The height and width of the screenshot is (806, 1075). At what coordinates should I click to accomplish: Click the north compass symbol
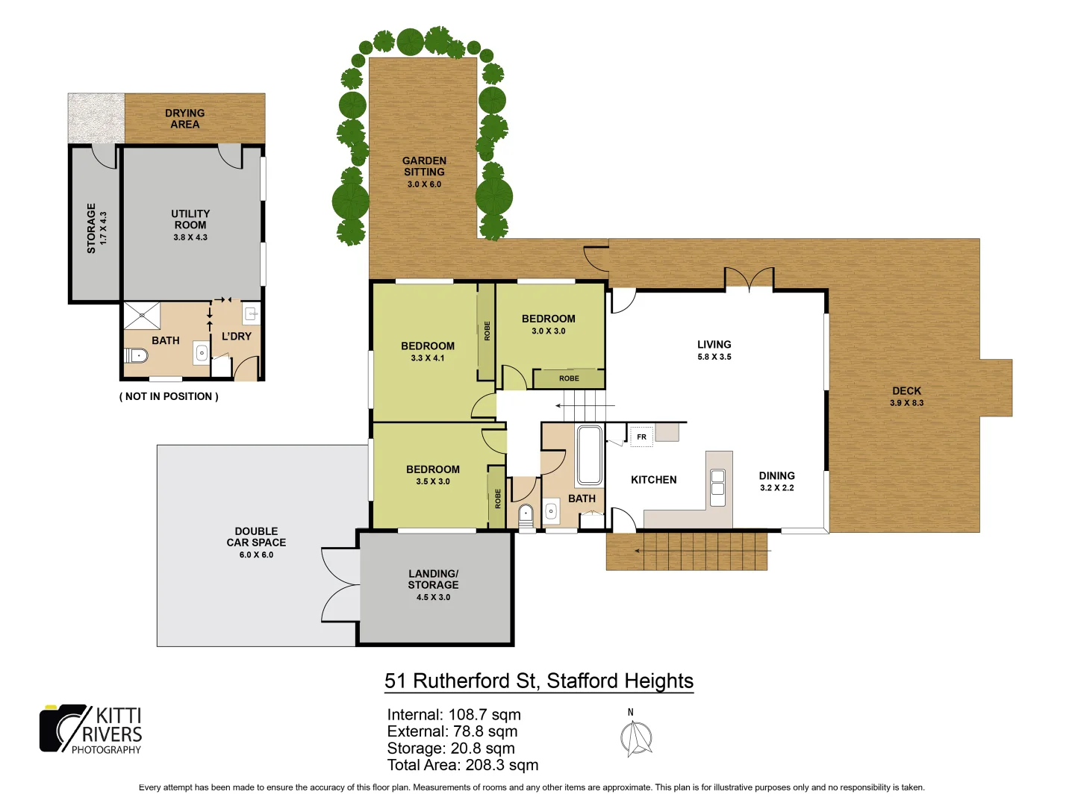[x=636, y=737]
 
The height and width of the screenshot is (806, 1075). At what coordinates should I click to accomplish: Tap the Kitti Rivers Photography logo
[x=91, y=729]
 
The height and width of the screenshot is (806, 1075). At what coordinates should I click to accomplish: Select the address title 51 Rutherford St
[x=538, y=681]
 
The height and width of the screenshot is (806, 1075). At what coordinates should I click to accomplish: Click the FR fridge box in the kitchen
[x=641, y=437]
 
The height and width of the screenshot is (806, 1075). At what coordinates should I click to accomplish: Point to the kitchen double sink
[x=717, y=483]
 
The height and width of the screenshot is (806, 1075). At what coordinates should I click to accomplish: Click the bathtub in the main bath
[x=589, y=455]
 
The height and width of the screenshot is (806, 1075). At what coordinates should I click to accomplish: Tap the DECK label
[x=906, y=391]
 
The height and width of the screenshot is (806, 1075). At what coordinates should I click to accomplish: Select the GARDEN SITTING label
[x=424, y=166]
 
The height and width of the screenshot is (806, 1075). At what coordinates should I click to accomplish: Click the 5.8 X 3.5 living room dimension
[x=714, y=357]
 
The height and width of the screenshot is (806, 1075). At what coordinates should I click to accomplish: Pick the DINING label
[x=776, y=475]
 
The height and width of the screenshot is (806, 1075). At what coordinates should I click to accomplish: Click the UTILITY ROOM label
[x=190, y=219]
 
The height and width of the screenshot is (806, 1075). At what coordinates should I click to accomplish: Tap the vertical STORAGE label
[x=91, y=228]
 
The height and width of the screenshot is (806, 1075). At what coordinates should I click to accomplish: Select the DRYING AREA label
[x=185, y=119]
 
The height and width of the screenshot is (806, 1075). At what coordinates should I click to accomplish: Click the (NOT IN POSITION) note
[x=169, y=396]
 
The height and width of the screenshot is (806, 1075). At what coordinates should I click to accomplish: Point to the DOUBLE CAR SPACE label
[x=256, y=537]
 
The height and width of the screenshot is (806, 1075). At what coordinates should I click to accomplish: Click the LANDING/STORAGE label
[x=433, y=579]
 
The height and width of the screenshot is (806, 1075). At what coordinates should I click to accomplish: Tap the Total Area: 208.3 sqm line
[x=462, y=765]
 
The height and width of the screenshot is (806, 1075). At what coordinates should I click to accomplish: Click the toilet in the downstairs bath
[x=136, y=354]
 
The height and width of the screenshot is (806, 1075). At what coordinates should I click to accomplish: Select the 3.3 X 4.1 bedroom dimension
[x=427, y=358]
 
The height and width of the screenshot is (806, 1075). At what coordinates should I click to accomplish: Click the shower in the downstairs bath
[x=142, y=316]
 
